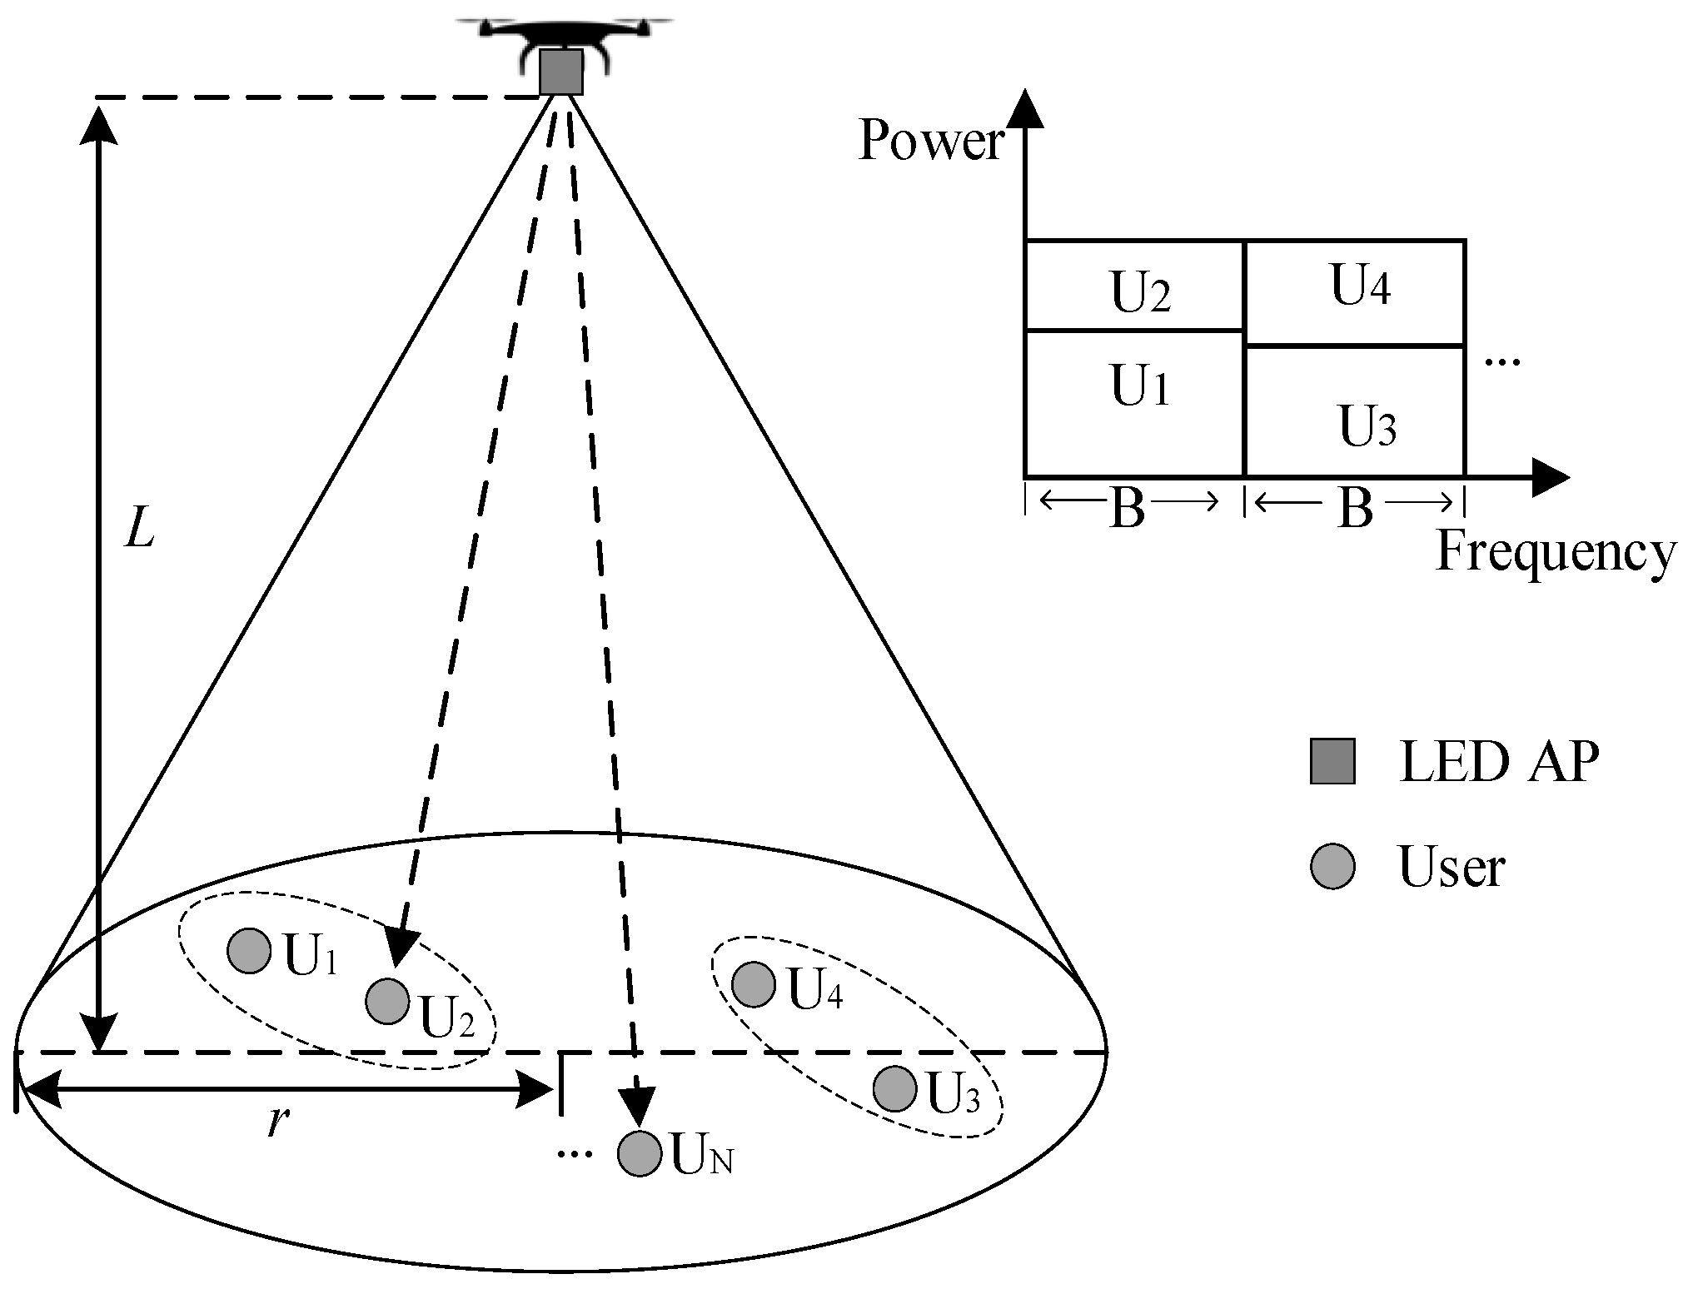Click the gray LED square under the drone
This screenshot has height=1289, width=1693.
(x=560, y=72)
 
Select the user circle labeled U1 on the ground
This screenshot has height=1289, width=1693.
(x=249, y=950)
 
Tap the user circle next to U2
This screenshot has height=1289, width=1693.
(x=387, y=1001)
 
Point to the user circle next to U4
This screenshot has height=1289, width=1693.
(x=754, y=984)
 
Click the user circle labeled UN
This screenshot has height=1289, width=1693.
(x=639, y=1154)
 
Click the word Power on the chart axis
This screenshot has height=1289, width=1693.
(x=931, y=140)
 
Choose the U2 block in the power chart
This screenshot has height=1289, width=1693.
(x=1134, y=286)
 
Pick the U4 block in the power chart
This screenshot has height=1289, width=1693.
(x=1355, y=291)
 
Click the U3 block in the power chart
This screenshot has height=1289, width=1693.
(x=1355, y=411)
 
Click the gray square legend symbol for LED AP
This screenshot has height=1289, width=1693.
(x=1332, y=761)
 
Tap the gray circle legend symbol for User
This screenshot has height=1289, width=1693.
(x=1332, y=867)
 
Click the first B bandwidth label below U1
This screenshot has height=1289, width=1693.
(x=1128, y=508)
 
